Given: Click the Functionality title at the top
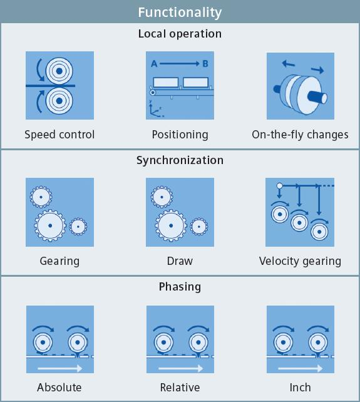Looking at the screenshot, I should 180,12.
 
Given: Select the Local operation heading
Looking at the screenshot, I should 180,34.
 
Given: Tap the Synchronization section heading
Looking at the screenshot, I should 180,160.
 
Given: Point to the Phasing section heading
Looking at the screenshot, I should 180,287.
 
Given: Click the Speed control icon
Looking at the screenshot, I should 59,85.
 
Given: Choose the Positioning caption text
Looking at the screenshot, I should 180,135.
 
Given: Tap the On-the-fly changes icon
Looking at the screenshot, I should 301,85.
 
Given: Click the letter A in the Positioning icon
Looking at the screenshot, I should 155,63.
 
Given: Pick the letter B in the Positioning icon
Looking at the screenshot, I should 204,63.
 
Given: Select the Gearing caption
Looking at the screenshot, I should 59,261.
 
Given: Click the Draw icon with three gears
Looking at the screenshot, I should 180,212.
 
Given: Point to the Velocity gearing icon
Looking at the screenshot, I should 301,212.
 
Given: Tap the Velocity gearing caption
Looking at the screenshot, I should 301,261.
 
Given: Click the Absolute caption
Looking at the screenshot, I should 59,388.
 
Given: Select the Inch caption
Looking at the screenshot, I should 301,388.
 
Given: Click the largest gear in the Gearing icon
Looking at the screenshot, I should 50,225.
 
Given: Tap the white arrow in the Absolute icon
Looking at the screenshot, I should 59,368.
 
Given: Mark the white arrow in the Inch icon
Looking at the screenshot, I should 301,368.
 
